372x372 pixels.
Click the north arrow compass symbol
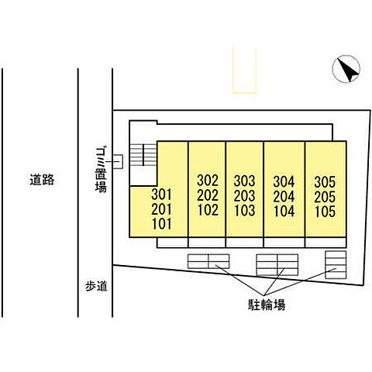[x=346, y=69]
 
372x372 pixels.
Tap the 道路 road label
[x=42, y=180]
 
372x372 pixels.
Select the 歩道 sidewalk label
[x=96, y=286]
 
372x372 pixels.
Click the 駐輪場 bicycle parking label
[x=267, y=305]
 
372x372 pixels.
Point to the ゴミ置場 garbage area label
[x=101, y=170]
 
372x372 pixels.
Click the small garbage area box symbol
[x=118, y=161]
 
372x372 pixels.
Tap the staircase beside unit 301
[x=143, y=155]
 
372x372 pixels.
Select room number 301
[x=161, y=195]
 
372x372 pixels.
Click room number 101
[x=161, y=224]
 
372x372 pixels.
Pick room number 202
[x=208, y=195]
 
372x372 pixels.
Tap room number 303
[x=244, y=181]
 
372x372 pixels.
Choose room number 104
[x=284, y=211]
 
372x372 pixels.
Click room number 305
[x=325, y=182]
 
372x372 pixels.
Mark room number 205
[x=325, y=197]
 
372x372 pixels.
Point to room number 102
[x=208, y=210]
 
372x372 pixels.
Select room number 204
[x=284, y=196]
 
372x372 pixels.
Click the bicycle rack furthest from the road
[x=336, y=265]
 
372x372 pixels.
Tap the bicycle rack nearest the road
[x=208, y=261]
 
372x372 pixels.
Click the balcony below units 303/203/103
[x=244, y=243]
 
